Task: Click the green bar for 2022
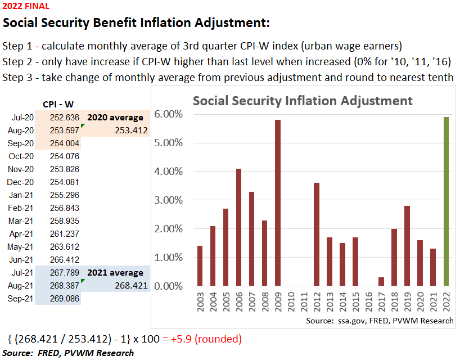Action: click(x=446, y=201)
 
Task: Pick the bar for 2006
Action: click(x=238, y=227)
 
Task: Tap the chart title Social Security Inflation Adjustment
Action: click(x=303, y=101)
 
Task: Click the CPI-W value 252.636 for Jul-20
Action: click(x=65, y=118)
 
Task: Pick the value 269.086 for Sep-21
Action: click(x=65, y=299)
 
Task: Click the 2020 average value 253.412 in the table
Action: click(x=130, y=130)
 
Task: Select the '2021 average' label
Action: click(x=115, y=273)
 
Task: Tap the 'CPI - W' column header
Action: click(x=58, y=104)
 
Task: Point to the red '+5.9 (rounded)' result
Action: click(x=202, y=339)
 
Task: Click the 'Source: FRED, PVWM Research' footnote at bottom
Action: click(x=68, y=353)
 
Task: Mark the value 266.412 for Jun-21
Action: click(x=65, y=260)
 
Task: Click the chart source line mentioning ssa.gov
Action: click(x=380, y=321)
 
